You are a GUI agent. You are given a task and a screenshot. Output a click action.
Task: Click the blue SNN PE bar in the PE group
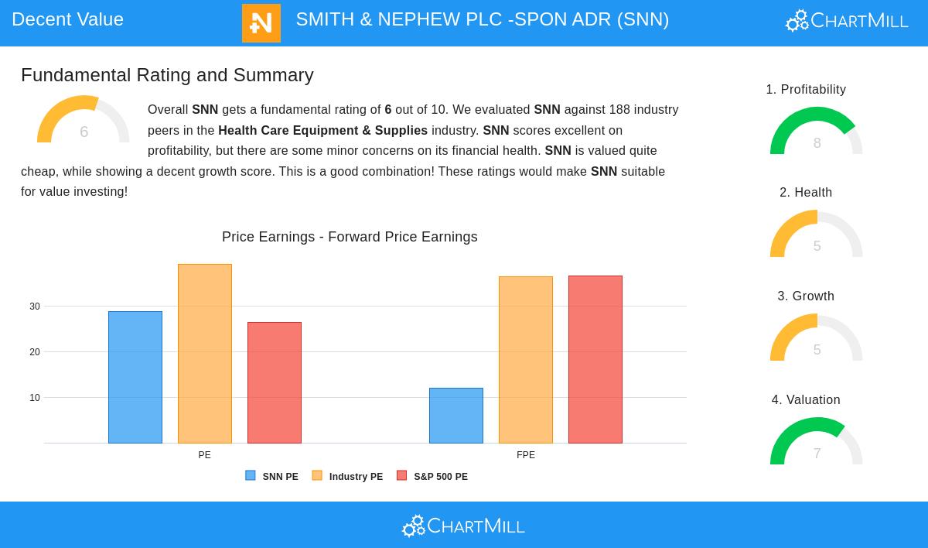[135, 377]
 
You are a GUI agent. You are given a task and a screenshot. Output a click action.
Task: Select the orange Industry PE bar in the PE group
[205, 354]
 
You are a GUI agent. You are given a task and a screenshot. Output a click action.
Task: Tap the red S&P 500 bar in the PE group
[275, 382]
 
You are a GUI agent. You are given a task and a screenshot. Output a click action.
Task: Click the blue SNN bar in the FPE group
[456, 416]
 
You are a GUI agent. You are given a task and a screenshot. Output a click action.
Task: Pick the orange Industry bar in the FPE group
[526, 360]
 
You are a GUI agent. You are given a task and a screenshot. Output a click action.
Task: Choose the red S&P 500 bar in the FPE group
[595, 359]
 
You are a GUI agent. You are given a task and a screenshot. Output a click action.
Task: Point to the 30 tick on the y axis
[35, 307]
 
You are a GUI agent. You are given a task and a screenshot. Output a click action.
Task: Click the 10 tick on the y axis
[35, 398]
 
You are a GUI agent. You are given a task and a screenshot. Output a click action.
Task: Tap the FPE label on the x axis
[526, 455]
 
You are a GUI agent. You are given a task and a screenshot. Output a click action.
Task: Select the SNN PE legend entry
[272, 477]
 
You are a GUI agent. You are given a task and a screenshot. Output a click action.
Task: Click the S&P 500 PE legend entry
[432, 477]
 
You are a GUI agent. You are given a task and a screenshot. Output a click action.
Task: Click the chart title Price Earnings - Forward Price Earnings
[350, 237]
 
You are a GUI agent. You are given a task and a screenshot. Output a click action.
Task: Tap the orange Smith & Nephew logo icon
[261, 23]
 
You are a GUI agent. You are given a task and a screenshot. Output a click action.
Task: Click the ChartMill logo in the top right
[847, 21]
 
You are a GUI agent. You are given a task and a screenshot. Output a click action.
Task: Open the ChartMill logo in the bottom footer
[463, 526]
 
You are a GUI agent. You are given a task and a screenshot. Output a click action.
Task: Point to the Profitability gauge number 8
[817, 143]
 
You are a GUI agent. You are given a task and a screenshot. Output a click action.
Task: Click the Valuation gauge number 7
[817, 454]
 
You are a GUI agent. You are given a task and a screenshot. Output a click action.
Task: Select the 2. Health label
[806, 193]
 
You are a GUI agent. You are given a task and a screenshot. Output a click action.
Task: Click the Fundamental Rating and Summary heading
[167, 75]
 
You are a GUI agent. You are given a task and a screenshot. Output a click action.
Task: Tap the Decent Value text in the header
[67, 19]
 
